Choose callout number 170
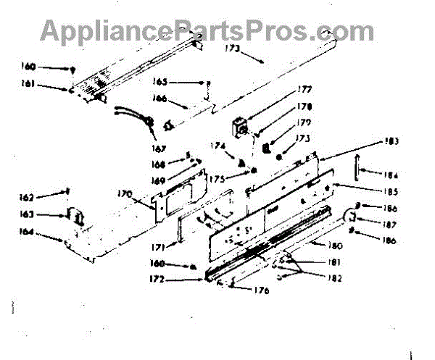click(x=125, y=193)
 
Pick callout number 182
click(x=335, y=277)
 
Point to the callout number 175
click(x=217, y=177)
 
